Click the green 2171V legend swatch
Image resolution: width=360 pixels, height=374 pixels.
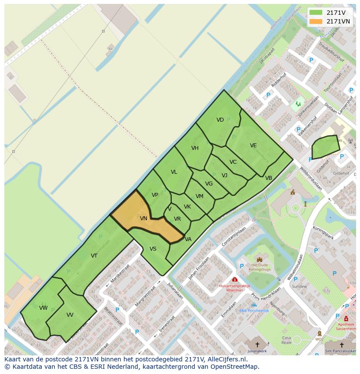pyautogui.click(x=316, y=13)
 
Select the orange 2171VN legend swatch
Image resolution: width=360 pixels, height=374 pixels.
pyautogui.click(x=316, y=21)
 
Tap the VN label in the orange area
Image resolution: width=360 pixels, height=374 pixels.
pyautogui.click(x=143, y=219)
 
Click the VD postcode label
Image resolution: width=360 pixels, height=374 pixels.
pyautogui.click(x=220, y=120)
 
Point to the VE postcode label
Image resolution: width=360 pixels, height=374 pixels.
pyautogui.click(x=253, y=146)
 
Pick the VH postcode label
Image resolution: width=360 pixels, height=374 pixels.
pyautogui.click(x=195, y=148)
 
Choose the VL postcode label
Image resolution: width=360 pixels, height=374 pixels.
pyautogui.click(x=174, y=172)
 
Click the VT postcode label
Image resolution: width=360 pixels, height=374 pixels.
pyautogui.click(x=94, y=256)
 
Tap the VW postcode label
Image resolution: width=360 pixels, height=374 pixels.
pyautogui.click(x=43, y=308)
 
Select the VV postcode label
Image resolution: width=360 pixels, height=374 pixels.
pyautogui.click(x=70, y=315)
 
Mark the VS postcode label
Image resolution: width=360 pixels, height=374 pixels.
pyautogui.click(x=153, y=249)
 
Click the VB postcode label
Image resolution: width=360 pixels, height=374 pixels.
pyautogui.click(x=268, y=178)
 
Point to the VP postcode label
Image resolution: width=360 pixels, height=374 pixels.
pyautogui.click(x=155, y=195)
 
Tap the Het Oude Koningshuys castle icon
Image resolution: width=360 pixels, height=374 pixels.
pyautogui.click(x=260, y=259)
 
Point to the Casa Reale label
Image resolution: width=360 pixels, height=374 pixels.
pyautogui.click(x=286, y=340)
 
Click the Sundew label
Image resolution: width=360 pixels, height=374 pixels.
pyautogui.click(x=299, y=286)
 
